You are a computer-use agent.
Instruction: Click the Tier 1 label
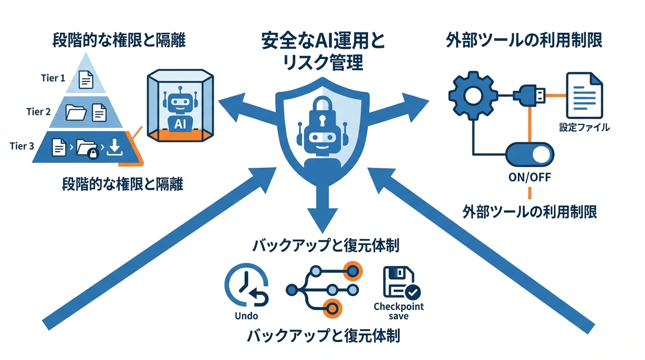pos(53,78)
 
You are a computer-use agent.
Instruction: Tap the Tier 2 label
pos(38,112)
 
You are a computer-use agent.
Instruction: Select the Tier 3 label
pos(22,146)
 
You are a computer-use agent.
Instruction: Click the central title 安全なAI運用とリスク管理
pos(323,51)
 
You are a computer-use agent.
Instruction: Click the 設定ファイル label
pos(584,127)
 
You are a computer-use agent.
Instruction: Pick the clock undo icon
pos(246,287)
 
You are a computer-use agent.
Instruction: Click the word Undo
pos(246,315)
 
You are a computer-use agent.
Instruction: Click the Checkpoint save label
pos(398,311)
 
